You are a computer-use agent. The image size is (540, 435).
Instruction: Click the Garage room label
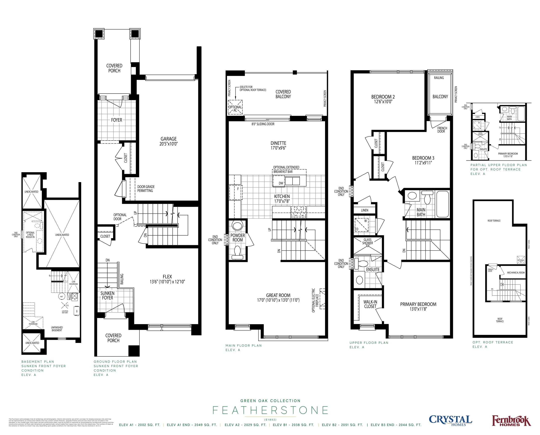tap(169, 139)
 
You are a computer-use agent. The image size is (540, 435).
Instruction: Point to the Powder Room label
tap(238, 238)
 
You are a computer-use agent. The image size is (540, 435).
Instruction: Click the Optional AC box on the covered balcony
tap(235, 107)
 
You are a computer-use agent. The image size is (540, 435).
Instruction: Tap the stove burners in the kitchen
tap(298, 211)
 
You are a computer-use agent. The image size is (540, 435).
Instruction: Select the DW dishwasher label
tap(281, 183)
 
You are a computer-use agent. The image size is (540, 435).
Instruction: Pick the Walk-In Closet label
tap(370, 304)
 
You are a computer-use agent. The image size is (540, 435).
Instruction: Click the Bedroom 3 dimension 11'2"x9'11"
tap(423, 163)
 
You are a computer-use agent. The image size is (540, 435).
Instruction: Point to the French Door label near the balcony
tap(442, 130)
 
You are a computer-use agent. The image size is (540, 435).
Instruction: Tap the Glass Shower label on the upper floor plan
tap(367, 241)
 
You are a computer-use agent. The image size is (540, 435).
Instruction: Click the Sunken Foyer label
tap(107, 295)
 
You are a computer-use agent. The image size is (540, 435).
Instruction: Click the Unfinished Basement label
tap(57, 329)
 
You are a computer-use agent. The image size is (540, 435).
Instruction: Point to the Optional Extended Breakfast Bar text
tap(286, 169)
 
